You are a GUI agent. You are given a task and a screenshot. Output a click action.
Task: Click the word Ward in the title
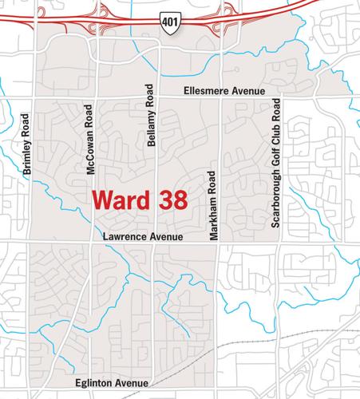(x=121, y=199)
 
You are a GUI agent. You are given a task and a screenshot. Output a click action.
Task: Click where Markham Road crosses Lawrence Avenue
(x=221, y=242)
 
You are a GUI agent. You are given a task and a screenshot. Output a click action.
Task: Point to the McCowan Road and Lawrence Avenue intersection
(x=96, y=242)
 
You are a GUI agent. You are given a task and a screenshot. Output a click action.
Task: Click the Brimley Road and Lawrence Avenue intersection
(x=30, y=242)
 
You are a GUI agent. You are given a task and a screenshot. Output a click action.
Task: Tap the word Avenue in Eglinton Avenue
(x=133, y=383)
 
